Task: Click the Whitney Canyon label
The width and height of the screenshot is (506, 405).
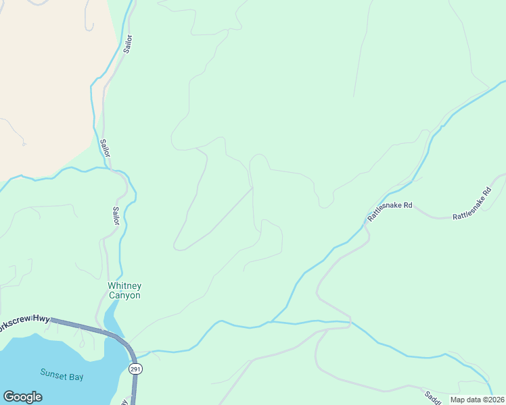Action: [x=124, y=290]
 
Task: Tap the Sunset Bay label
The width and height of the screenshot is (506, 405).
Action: [x=62, y=375]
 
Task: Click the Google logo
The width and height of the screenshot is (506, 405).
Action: [x=22, y=397]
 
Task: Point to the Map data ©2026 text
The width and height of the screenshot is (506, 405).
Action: [x=477, y=400]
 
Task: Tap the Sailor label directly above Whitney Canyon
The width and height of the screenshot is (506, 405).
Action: [x=116, y=216]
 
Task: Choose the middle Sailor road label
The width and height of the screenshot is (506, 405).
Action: [x=104, y=148]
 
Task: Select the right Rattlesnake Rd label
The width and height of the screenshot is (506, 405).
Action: [x=471, y=205]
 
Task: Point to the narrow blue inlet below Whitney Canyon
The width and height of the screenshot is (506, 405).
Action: [x=114, y=317]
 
